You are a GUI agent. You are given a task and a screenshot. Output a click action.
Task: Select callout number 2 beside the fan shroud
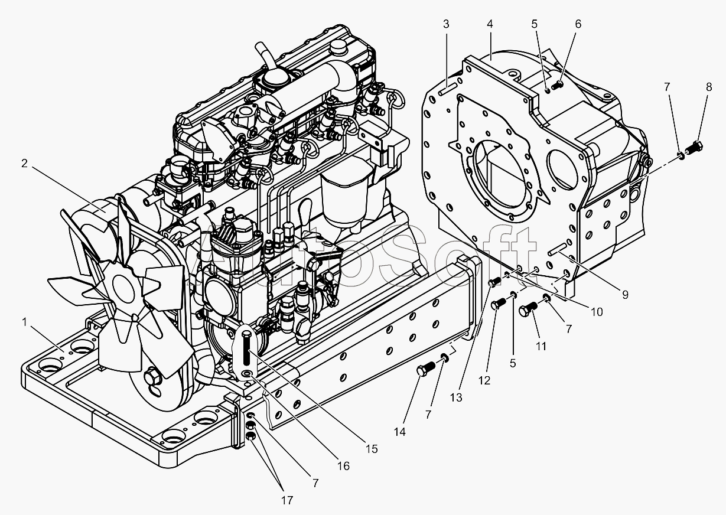(x=25, y=164)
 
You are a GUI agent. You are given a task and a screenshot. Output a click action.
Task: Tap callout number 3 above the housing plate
(x=446, y=24)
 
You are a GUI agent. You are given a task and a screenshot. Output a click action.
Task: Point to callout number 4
(x=490, y=24)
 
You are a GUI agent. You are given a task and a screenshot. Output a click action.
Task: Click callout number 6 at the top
(x=578, y=24)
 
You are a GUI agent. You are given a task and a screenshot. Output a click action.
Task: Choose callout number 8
(x=708, y=87)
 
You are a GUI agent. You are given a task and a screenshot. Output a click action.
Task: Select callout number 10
(x=596, y=311)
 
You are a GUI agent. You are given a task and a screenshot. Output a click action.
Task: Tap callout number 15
(x=370, y=449)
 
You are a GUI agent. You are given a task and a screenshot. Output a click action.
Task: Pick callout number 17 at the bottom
(x=287, y=500)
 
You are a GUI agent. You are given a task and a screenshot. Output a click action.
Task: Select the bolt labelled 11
(x=529, y=309)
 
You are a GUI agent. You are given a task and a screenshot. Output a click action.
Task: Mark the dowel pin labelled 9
(x=558, y=251)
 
